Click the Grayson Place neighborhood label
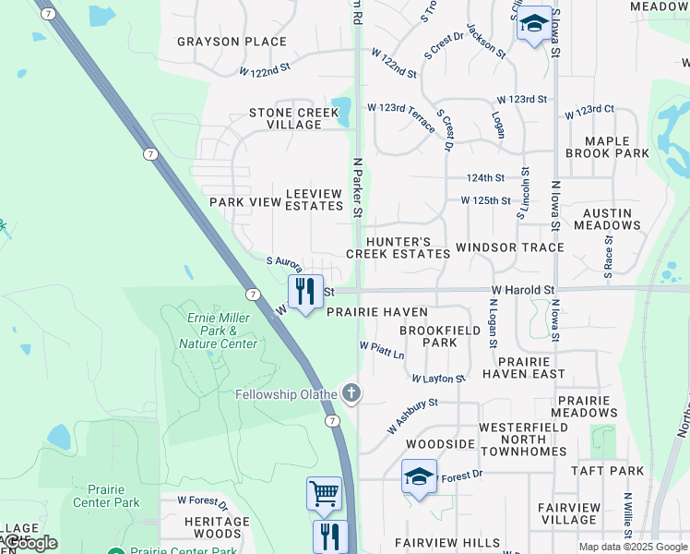(232, 42)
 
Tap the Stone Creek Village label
(294, 118)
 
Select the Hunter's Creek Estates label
(398, 247)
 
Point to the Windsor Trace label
(509, 247)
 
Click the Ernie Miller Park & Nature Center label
(221, 331)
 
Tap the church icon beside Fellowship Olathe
(350, 394)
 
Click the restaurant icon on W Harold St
(305, 292)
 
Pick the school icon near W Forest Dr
(419, 477)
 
